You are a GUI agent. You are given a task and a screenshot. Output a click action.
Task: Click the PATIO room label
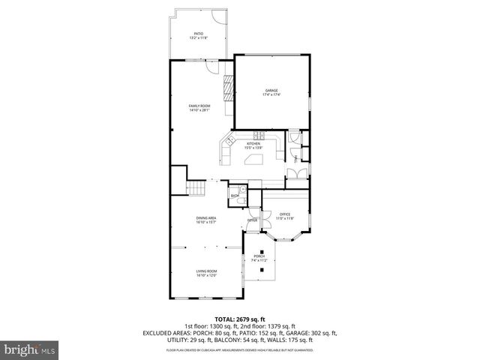pyautogui.click(x=199, y=34)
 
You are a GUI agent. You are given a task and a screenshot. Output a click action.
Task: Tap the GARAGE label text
pyautogui.click(x=271, y=92)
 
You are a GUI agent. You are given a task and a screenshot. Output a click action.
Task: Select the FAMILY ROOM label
pyautogui.click(x=199, y=107)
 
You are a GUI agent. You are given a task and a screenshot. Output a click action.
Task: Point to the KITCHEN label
pyautogui.click(x=253, y=145)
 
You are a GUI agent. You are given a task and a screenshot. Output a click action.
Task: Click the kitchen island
pyautogui.click(x=254, y=159)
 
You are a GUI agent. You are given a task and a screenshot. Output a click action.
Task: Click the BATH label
pyautogui.click(x=235, y=196)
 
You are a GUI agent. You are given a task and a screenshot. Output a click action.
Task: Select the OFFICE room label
pyautogui.click(x=285, y=216)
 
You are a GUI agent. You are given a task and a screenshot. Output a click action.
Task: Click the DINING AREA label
pyautogui.click(x=206, y=220)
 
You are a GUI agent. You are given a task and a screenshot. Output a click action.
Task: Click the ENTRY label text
pyautogui.click(x=253, y=220)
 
